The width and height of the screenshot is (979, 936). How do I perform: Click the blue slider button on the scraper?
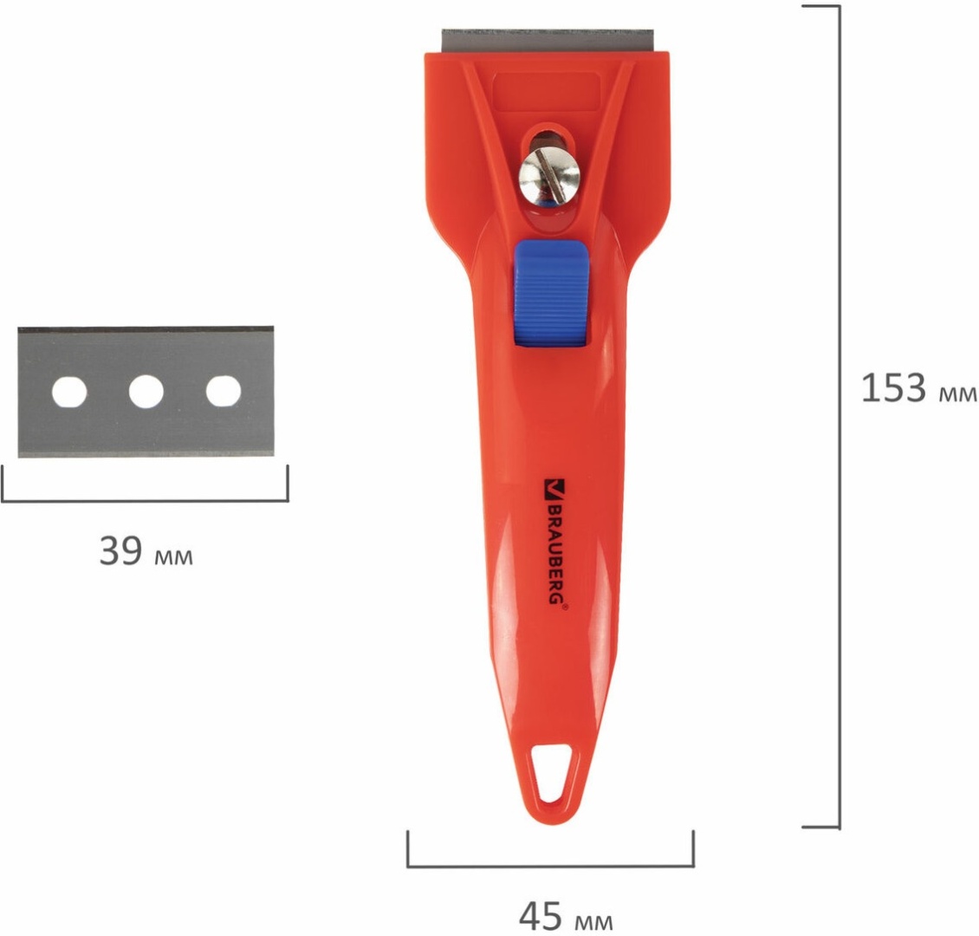(x=551, y=293)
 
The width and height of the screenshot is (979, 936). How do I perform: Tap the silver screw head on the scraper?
(x=550, y=174)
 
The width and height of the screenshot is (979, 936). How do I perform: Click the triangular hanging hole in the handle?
(x=554, y=771)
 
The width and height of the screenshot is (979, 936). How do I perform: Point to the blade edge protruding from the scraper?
(x=548, y=40)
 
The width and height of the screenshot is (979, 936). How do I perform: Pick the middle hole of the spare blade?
(x=146, y=392)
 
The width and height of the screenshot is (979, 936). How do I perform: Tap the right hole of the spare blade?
(x=224, y=392)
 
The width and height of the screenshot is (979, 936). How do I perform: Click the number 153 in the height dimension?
(x=893, y=387)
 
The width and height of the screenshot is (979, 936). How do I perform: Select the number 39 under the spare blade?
(x=120, y=550)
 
